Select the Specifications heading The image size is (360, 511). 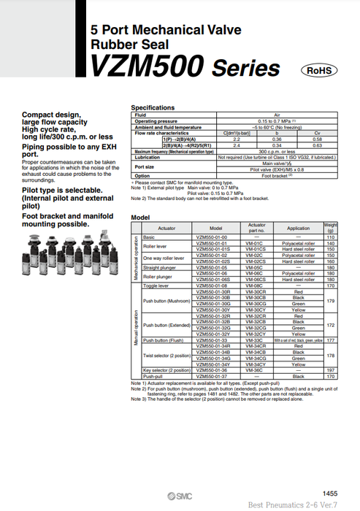pos(152,107)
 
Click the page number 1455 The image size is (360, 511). pos(330,494)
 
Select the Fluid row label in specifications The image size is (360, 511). pos(141,115)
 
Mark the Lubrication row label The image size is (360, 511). pos(148,157)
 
